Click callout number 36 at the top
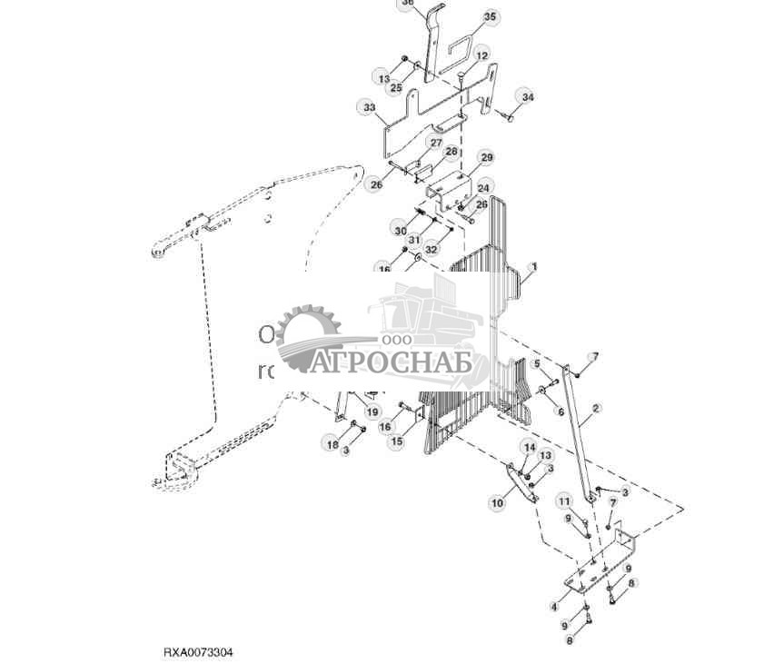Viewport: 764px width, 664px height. [x=408, y=4]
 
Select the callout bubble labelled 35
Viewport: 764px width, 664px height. [x=491, y=16]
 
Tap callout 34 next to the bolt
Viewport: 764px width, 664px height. [x=528, y=97]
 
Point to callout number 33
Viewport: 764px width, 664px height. [x=369, y=107]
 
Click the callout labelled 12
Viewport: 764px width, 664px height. [x=481, y=56]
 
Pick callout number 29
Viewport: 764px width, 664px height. [x=486, y=158]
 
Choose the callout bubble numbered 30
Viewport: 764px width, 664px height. [x=400, y=231]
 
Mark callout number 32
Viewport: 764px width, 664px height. [x=432, y=249]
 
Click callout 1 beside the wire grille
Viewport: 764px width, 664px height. [x=534, y=267]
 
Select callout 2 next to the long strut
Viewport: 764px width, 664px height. [x=596, y=408]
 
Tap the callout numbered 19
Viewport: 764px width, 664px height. [x=372, y=411]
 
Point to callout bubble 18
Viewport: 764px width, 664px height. [x=332, y=444]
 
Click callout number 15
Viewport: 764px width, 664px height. [x=396, y=441]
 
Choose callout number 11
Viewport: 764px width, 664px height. [x=564, y=501]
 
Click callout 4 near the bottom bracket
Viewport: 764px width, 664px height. [x=554, y=606]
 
